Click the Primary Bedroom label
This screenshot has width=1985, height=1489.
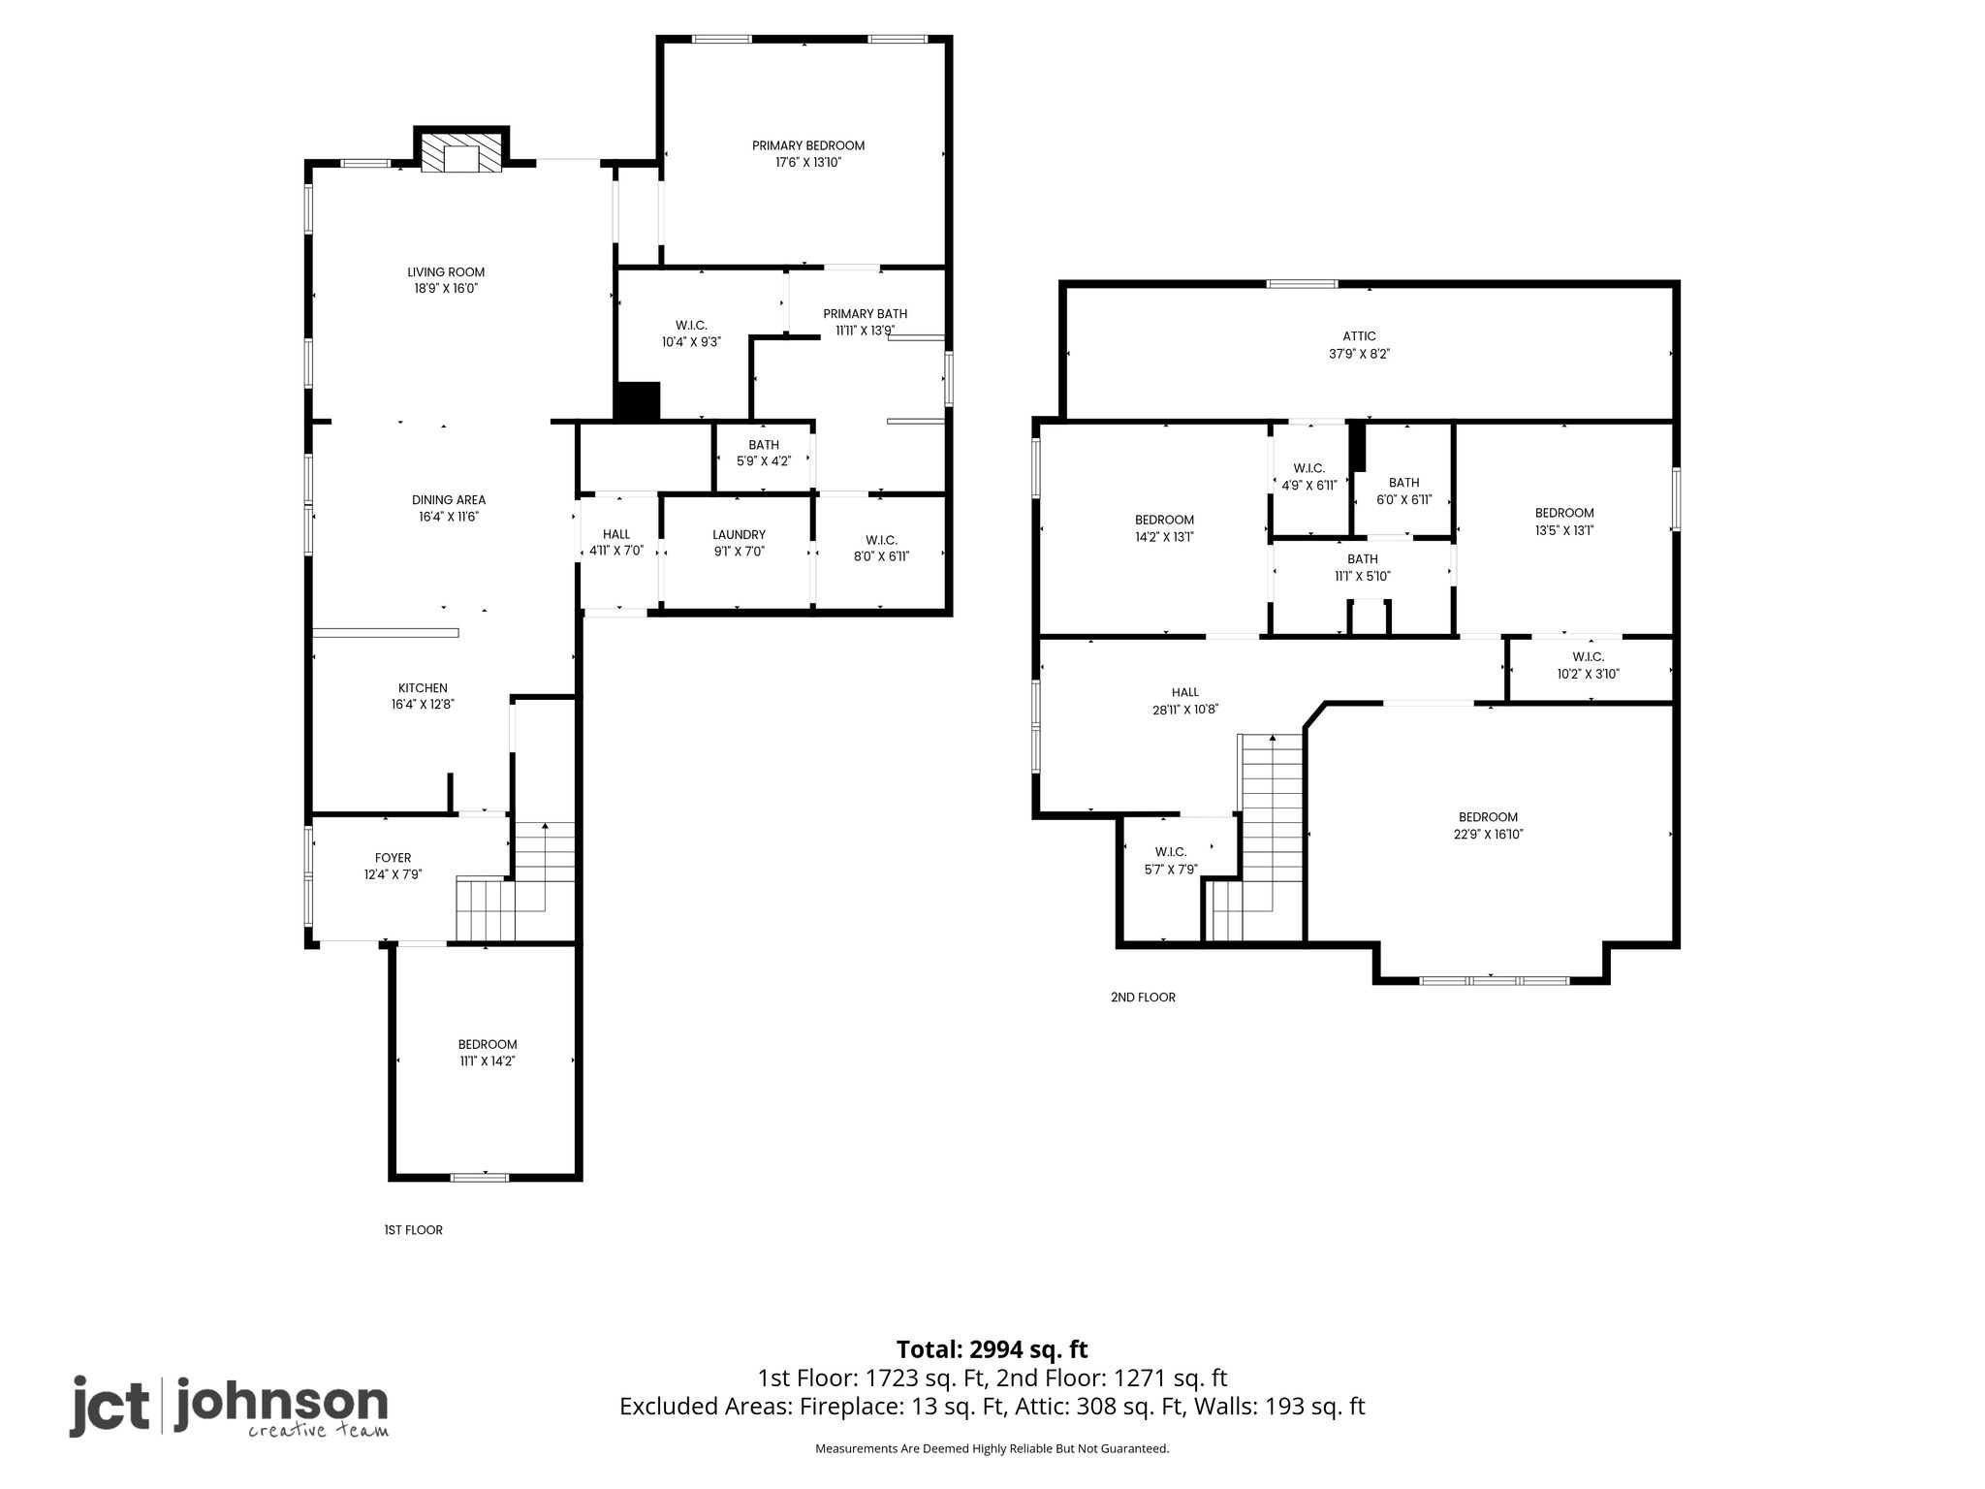coord(808,145)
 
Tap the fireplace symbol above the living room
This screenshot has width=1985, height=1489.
coord(462,152)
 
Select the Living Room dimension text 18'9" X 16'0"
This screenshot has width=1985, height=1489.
coord(446,289)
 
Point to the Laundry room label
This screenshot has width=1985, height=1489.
coord(739,535)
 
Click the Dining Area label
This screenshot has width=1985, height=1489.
coord(449,500)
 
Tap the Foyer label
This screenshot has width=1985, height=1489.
coord(393,858)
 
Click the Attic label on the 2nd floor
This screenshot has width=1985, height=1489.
coord(1360,336)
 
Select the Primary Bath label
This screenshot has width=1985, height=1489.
coord(865,314)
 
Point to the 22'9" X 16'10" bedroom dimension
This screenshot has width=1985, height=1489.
coord(1488,835)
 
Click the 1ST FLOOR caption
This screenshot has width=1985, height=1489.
coord(414,1230)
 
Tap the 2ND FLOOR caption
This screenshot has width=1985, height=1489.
coord(1143,998)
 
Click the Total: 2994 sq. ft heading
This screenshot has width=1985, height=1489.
coord(992,1349)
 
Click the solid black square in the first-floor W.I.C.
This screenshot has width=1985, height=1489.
coord(638,401)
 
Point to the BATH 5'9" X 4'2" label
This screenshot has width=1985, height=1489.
coord(764,454)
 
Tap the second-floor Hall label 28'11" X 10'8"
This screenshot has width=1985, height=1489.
coord(1184,701)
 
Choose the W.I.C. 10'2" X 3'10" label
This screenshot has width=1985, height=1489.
coord(1588,666)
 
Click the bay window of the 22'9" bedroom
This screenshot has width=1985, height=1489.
coord(1493,981)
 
